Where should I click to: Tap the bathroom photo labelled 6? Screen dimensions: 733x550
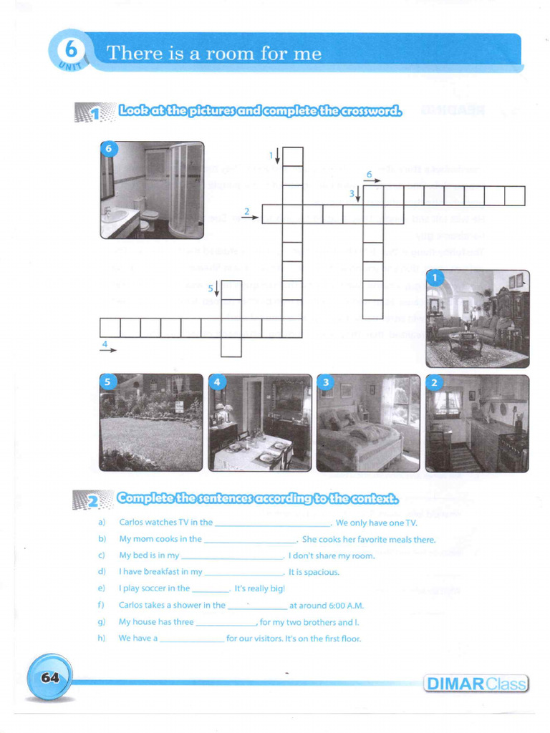tap(152, 190)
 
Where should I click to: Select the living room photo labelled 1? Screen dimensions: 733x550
tap(478, 319)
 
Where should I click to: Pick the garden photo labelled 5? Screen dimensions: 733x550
tap(151, 422)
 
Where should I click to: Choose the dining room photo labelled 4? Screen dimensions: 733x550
tap(260, 422)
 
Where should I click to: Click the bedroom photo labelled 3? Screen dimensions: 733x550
tap(368, 422)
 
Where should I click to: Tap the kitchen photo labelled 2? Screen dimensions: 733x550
tap(477, 422)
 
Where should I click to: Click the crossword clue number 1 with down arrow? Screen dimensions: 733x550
tap(272, 155)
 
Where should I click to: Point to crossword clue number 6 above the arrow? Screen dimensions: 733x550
tap(369, 174)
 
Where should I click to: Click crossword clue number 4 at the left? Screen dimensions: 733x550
tap(105, 344)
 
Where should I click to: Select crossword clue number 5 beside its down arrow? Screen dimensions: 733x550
tap(211, 288)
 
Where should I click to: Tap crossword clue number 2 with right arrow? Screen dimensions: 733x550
tap(246, 211)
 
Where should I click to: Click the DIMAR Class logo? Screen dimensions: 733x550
tap(476, 684)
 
